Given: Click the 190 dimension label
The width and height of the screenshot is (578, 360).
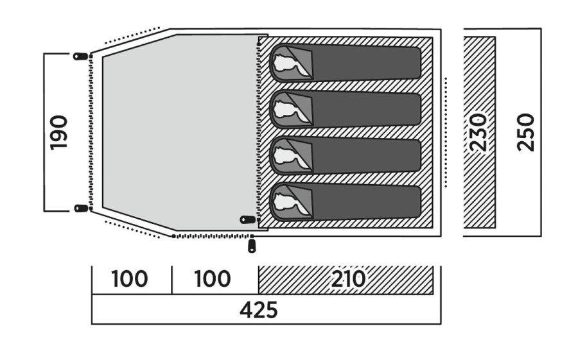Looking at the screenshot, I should [x=59, y=132].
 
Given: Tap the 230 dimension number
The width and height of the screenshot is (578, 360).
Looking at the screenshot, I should [x=478, y=133].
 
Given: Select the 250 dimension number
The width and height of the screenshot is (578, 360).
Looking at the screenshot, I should [x=526, y=132].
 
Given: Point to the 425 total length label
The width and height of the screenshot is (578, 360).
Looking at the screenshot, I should [x=259, y=311].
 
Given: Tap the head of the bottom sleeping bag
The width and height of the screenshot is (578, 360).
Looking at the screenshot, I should [x=286, y=202].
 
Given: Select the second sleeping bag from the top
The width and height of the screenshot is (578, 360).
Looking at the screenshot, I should [x=347, y=110].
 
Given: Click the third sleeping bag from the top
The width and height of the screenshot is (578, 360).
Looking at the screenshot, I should [x=347, y=156].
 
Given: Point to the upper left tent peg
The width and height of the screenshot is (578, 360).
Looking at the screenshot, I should [x=80, y=56].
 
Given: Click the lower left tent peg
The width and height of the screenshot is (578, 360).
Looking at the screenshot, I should [x=80, y=208].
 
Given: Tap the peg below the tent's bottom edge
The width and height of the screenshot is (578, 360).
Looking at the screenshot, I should [x=251, y=246].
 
